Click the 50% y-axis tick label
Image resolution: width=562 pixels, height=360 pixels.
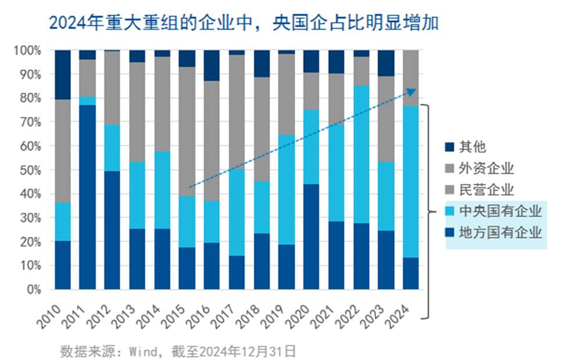(29, 170)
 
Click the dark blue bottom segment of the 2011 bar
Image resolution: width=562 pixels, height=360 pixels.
(87, 198)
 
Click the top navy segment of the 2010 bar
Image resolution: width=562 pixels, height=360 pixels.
(62, 75)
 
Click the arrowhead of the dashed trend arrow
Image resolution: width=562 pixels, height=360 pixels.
(412, 91)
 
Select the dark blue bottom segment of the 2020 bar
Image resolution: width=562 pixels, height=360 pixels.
(312, 236)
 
